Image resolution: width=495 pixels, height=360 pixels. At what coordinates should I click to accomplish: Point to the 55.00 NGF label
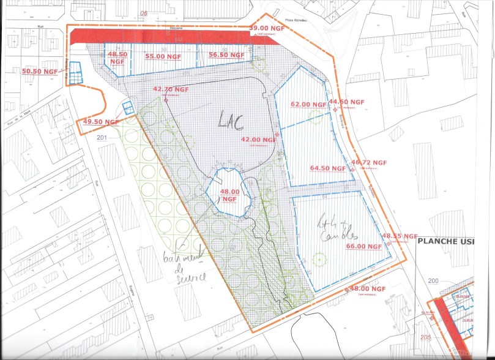[163, 56]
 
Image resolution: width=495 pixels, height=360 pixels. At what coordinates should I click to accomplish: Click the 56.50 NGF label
[227, 54]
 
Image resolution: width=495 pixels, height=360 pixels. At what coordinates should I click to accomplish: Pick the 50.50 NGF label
[40, 71]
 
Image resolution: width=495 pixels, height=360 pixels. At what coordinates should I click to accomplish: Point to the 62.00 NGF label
[310, 105]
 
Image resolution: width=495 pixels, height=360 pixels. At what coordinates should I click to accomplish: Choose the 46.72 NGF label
[370, 163]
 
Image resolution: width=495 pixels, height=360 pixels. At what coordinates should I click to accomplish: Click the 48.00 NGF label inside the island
[229, 195]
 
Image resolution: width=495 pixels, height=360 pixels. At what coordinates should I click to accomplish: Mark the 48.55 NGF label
[400, 236]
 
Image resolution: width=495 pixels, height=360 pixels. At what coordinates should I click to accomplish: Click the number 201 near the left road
[102, 137]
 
